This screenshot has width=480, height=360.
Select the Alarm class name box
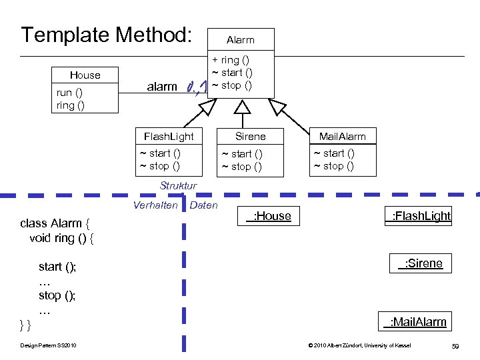(241, 40)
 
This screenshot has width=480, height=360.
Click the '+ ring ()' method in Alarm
(231, 60)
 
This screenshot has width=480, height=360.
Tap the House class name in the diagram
(85, 75)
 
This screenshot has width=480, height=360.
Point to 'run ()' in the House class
(70, 93)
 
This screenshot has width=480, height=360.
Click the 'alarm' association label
(162, 86)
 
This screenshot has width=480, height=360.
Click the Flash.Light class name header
(169, 137)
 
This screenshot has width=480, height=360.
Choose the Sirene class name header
(251, 137)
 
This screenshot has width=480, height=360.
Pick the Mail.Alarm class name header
(342, 137)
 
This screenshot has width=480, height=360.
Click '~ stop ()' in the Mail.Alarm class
(333, 166)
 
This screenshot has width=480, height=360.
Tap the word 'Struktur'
(178, 186)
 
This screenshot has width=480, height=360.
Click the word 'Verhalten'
(155, 205)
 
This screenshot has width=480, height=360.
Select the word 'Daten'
(203, 205)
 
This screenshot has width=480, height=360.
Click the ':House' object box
(269, 216)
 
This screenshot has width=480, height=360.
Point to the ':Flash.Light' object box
(418, 216)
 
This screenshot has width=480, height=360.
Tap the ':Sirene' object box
(420, 263)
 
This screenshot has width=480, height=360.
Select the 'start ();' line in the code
(57, 267)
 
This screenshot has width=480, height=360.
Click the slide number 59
(455, 346)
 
